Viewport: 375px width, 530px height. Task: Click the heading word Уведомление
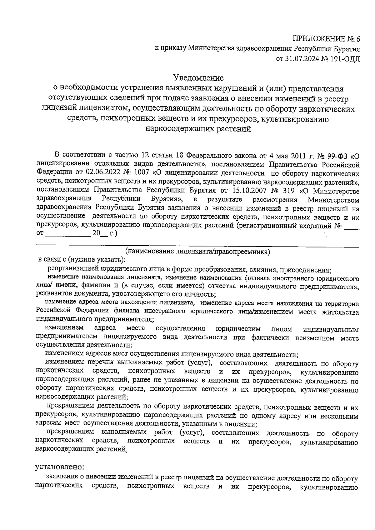coord(199,77)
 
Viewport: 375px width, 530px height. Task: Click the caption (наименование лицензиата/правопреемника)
coord(197,251)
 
